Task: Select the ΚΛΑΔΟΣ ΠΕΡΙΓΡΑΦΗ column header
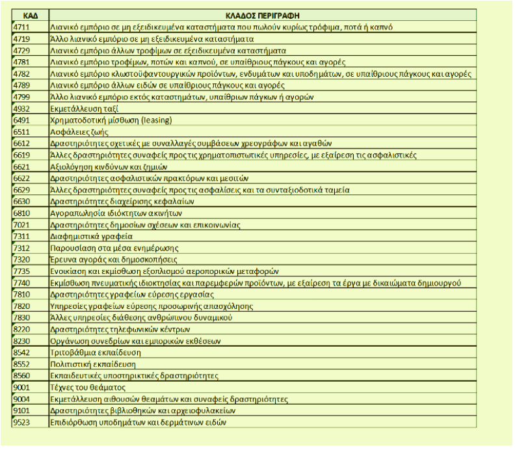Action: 267,15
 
